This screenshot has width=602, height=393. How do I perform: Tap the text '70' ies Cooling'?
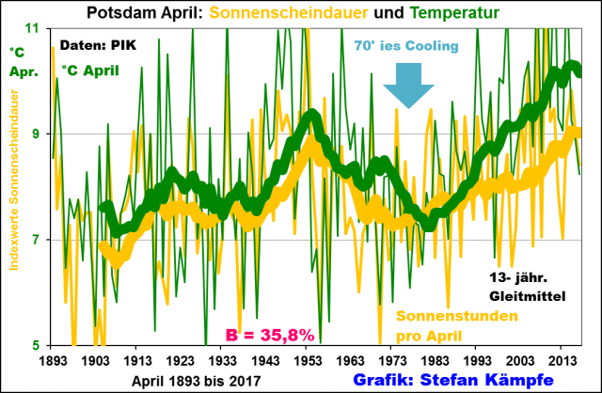[x=406, y=46]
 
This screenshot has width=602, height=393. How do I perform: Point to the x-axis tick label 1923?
[x=180, y=361]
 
